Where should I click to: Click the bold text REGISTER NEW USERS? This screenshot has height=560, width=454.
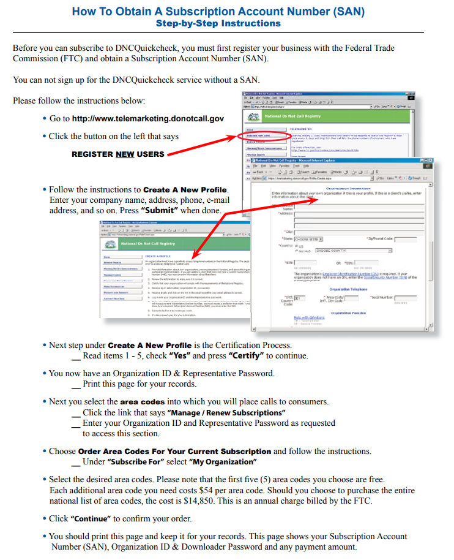click(x=118, y=154)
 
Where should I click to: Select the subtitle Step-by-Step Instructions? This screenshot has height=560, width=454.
click(x=218, y=24)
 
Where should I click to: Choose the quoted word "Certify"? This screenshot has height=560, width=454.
click(x=245, y=356)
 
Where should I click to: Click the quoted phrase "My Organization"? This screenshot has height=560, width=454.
click(x=222, y=462)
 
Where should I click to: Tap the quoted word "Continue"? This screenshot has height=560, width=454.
click(x=91, y=519)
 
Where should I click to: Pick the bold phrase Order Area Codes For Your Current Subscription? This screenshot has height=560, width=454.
click(x=174, y=452)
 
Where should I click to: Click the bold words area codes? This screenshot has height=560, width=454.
click(x=142, y=402)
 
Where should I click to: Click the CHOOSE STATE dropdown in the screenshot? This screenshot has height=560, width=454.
click(x=305, y=239)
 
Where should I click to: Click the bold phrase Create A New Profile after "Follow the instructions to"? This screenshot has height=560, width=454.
click(x=185, y=190)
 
